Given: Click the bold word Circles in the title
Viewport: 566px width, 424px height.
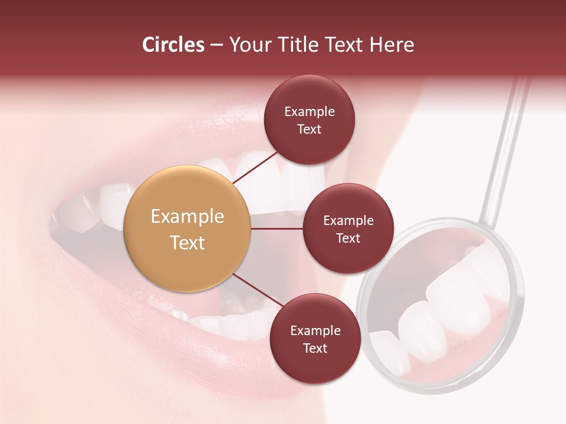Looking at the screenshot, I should [x=173, y=45].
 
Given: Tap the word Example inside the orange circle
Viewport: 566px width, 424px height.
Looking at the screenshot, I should [x=187, y=216].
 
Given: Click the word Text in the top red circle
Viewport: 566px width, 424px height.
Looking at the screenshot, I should [x=310, y=129].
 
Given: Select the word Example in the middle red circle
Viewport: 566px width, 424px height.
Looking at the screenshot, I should [x=348, y=221].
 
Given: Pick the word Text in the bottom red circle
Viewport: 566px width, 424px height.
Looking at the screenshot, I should [x=315, y=348].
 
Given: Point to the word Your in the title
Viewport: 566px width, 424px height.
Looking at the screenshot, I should [x=248, y=45].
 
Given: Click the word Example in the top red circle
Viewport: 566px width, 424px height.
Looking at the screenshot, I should [x=310, y=111].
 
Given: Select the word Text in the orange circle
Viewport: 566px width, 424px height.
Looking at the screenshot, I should [x=187, y=242].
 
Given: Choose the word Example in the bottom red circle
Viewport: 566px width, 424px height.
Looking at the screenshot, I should [x=315, y=330].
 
